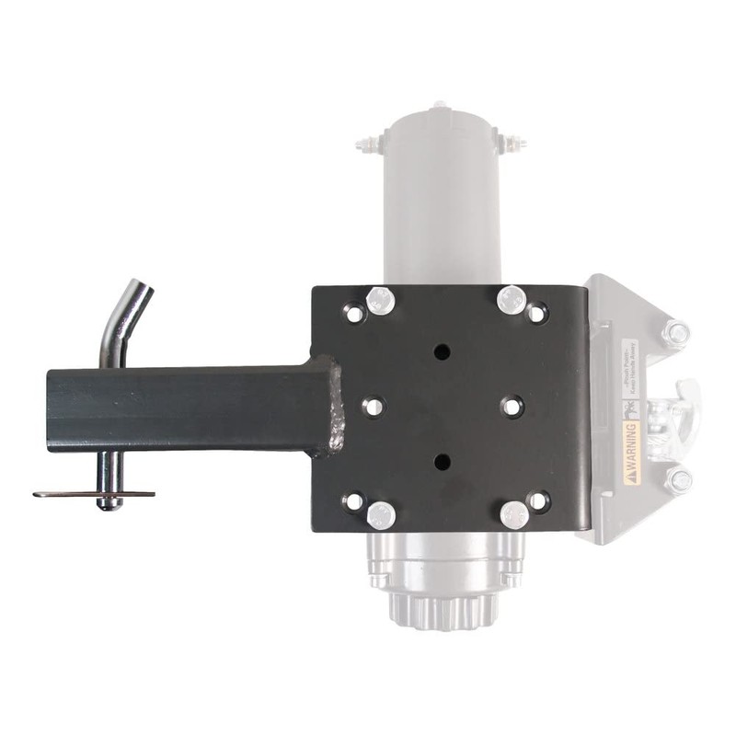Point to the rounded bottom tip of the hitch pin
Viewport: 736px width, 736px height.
tap(110, 504)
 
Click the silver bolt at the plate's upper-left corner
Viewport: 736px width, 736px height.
tap(378, 300)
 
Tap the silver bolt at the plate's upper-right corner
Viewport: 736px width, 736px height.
tap(511, 299)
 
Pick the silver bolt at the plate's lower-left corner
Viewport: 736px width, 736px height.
tap(381, 514)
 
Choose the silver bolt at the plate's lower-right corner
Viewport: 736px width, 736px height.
tap(515, 513)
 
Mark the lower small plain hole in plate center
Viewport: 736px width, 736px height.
tap(443, 461)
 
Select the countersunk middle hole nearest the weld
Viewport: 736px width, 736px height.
tap(373, 406)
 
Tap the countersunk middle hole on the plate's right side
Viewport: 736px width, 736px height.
tap(512, 406)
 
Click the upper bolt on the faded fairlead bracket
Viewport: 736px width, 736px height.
tap(677, 333)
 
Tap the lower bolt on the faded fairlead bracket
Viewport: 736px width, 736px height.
tap(679, 480)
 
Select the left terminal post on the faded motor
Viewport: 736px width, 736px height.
tap(368, 144)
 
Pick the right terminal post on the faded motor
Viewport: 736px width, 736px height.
tap(513, 144)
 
